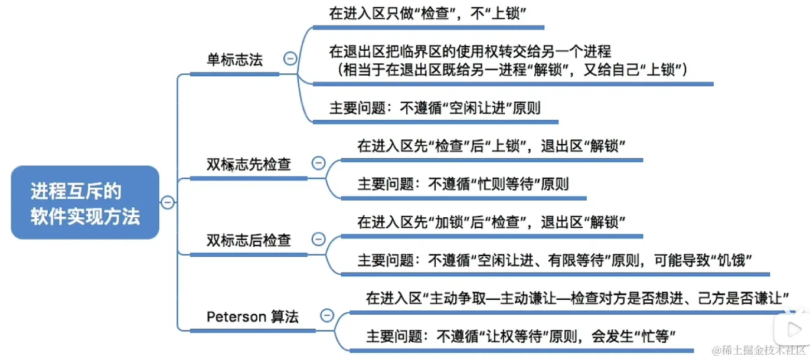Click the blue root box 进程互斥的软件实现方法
85,202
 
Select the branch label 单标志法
234,60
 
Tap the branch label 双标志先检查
249,164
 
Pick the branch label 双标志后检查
249,240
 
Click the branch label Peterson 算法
253,316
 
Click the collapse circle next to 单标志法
290,58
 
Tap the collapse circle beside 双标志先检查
318,163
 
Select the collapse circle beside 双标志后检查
318,239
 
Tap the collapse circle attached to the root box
168,202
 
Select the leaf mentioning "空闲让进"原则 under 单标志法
435,108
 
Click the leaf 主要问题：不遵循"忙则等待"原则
463,184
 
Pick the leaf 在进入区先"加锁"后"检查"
491,222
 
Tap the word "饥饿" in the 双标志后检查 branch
731,260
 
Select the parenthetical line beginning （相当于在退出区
511,70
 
